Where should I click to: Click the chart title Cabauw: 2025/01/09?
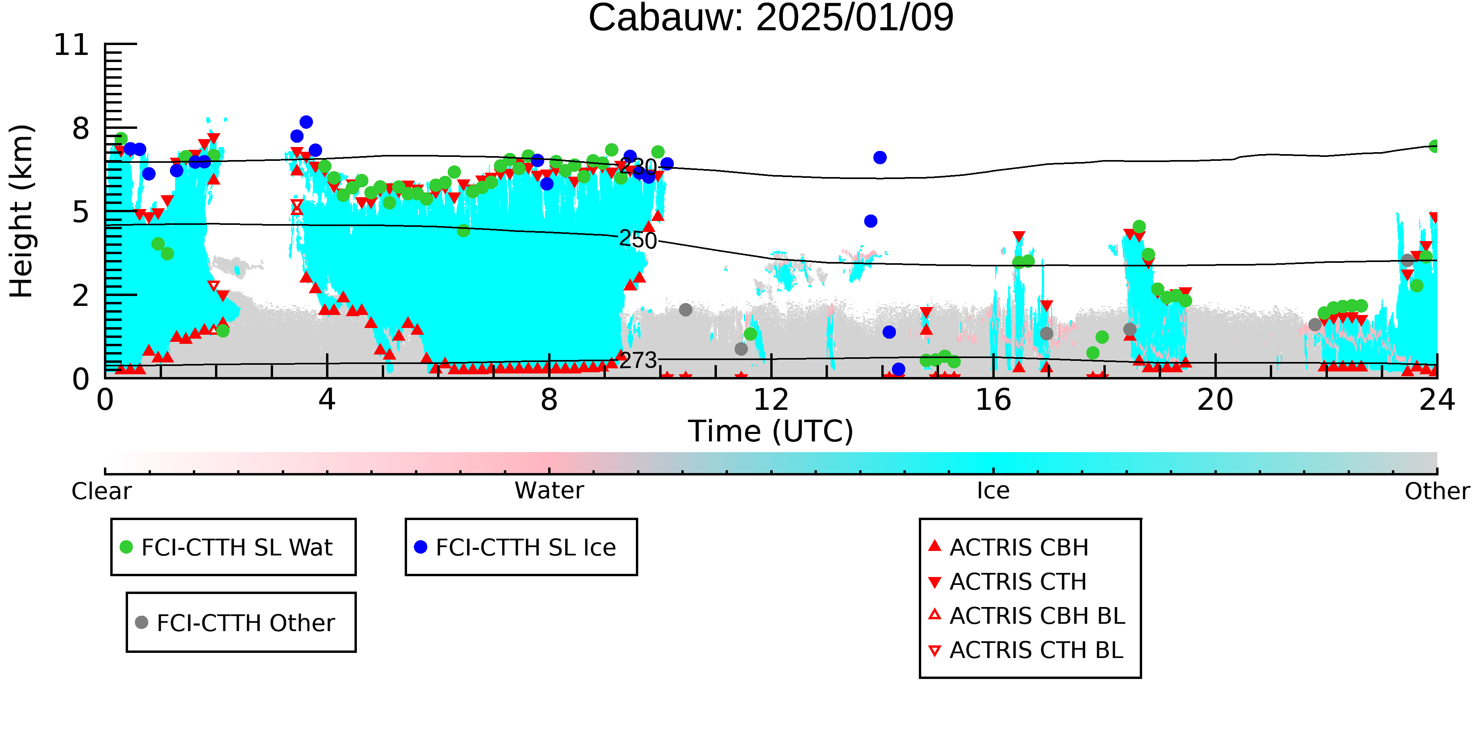tap(771, 17)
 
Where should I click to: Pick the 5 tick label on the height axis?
tap(81, 212)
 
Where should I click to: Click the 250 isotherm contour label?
tap(638, 240)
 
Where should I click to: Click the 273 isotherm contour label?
tap(638, 360)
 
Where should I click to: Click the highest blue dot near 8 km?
tap(306, 122)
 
